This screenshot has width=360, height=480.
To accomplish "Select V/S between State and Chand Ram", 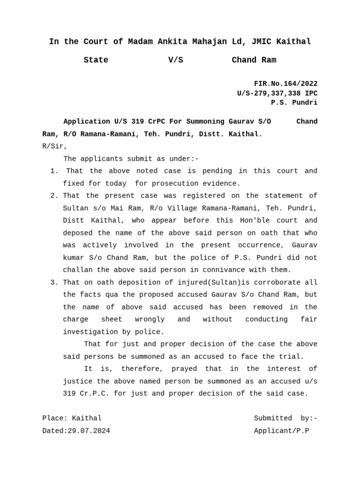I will pyautogui.click(x=176, y=60).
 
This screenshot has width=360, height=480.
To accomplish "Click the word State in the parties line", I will pyautogui.click(x=96, y=60).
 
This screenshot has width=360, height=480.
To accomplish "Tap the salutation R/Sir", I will pyautogui.click(x=55, y=146).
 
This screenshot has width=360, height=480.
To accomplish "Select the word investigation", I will pyautogui.click(x=88, y=332).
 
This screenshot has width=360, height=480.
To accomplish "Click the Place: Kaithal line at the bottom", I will pyautogui.click(x=72, y=419).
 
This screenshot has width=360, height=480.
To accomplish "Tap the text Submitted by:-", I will pyautogui.click(x=285, y=419).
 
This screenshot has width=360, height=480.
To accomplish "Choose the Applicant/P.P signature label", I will pyautogui.click(x=281, y=431).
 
